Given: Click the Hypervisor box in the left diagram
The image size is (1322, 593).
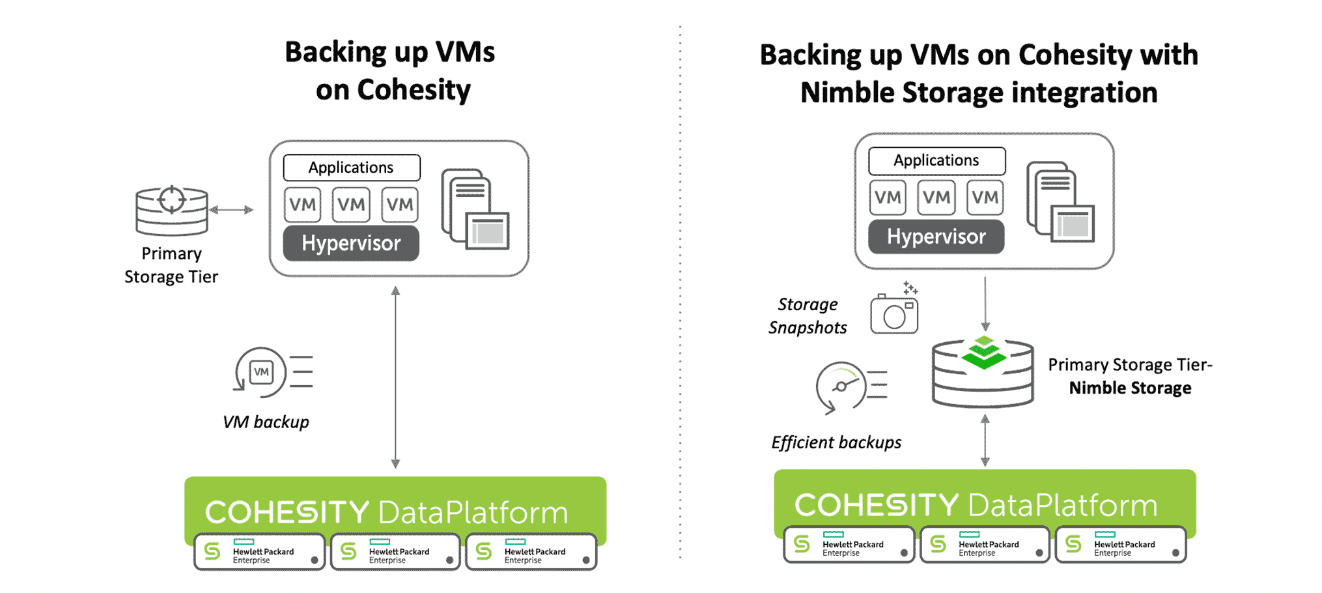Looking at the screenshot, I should coord(351,243).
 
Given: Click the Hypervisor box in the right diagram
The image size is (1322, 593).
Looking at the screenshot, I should coord(936,237).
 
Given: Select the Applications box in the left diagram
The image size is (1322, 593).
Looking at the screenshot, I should coord(351,167).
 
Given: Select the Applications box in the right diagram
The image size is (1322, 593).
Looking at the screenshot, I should coord(936,160).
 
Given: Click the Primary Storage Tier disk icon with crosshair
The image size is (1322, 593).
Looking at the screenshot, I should coord(171,210).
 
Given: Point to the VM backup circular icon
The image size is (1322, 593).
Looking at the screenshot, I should coord(262,372).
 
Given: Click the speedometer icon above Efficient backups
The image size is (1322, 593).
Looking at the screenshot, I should coord(841,386).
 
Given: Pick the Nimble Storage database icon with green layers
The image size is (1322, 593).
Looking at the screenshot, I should coord(983,373).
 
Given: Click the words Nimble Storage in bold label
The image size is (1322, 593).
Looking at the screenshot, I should coord(1130,388).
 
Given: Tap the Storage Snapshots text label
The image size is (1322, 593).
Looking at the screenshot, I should coord(808,316).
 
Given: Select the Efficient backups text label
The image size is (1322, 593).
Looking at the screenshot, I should coord(836,443).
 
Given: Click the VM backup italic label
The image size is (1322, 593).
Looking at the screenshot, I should coord(266,422).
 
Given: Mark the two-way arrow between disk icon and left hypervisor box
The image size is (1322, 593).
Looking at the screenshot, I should coord(231,210).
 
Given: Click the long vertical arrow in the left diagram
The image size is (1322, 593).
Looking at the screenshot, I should coord(395,378).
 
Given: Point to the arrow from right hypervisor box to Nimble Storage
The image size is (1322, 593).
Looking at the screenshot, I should coord(985,304).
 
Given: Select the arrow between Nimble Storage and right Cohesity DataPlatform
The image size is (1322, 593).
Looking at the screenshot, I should coord(985,441).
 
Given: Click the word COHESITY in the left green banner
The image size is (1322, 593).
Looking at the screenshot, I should coord(287,513).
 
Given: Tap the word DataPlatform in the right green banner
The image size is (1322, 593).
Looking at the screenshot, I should coord(1063,506).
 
